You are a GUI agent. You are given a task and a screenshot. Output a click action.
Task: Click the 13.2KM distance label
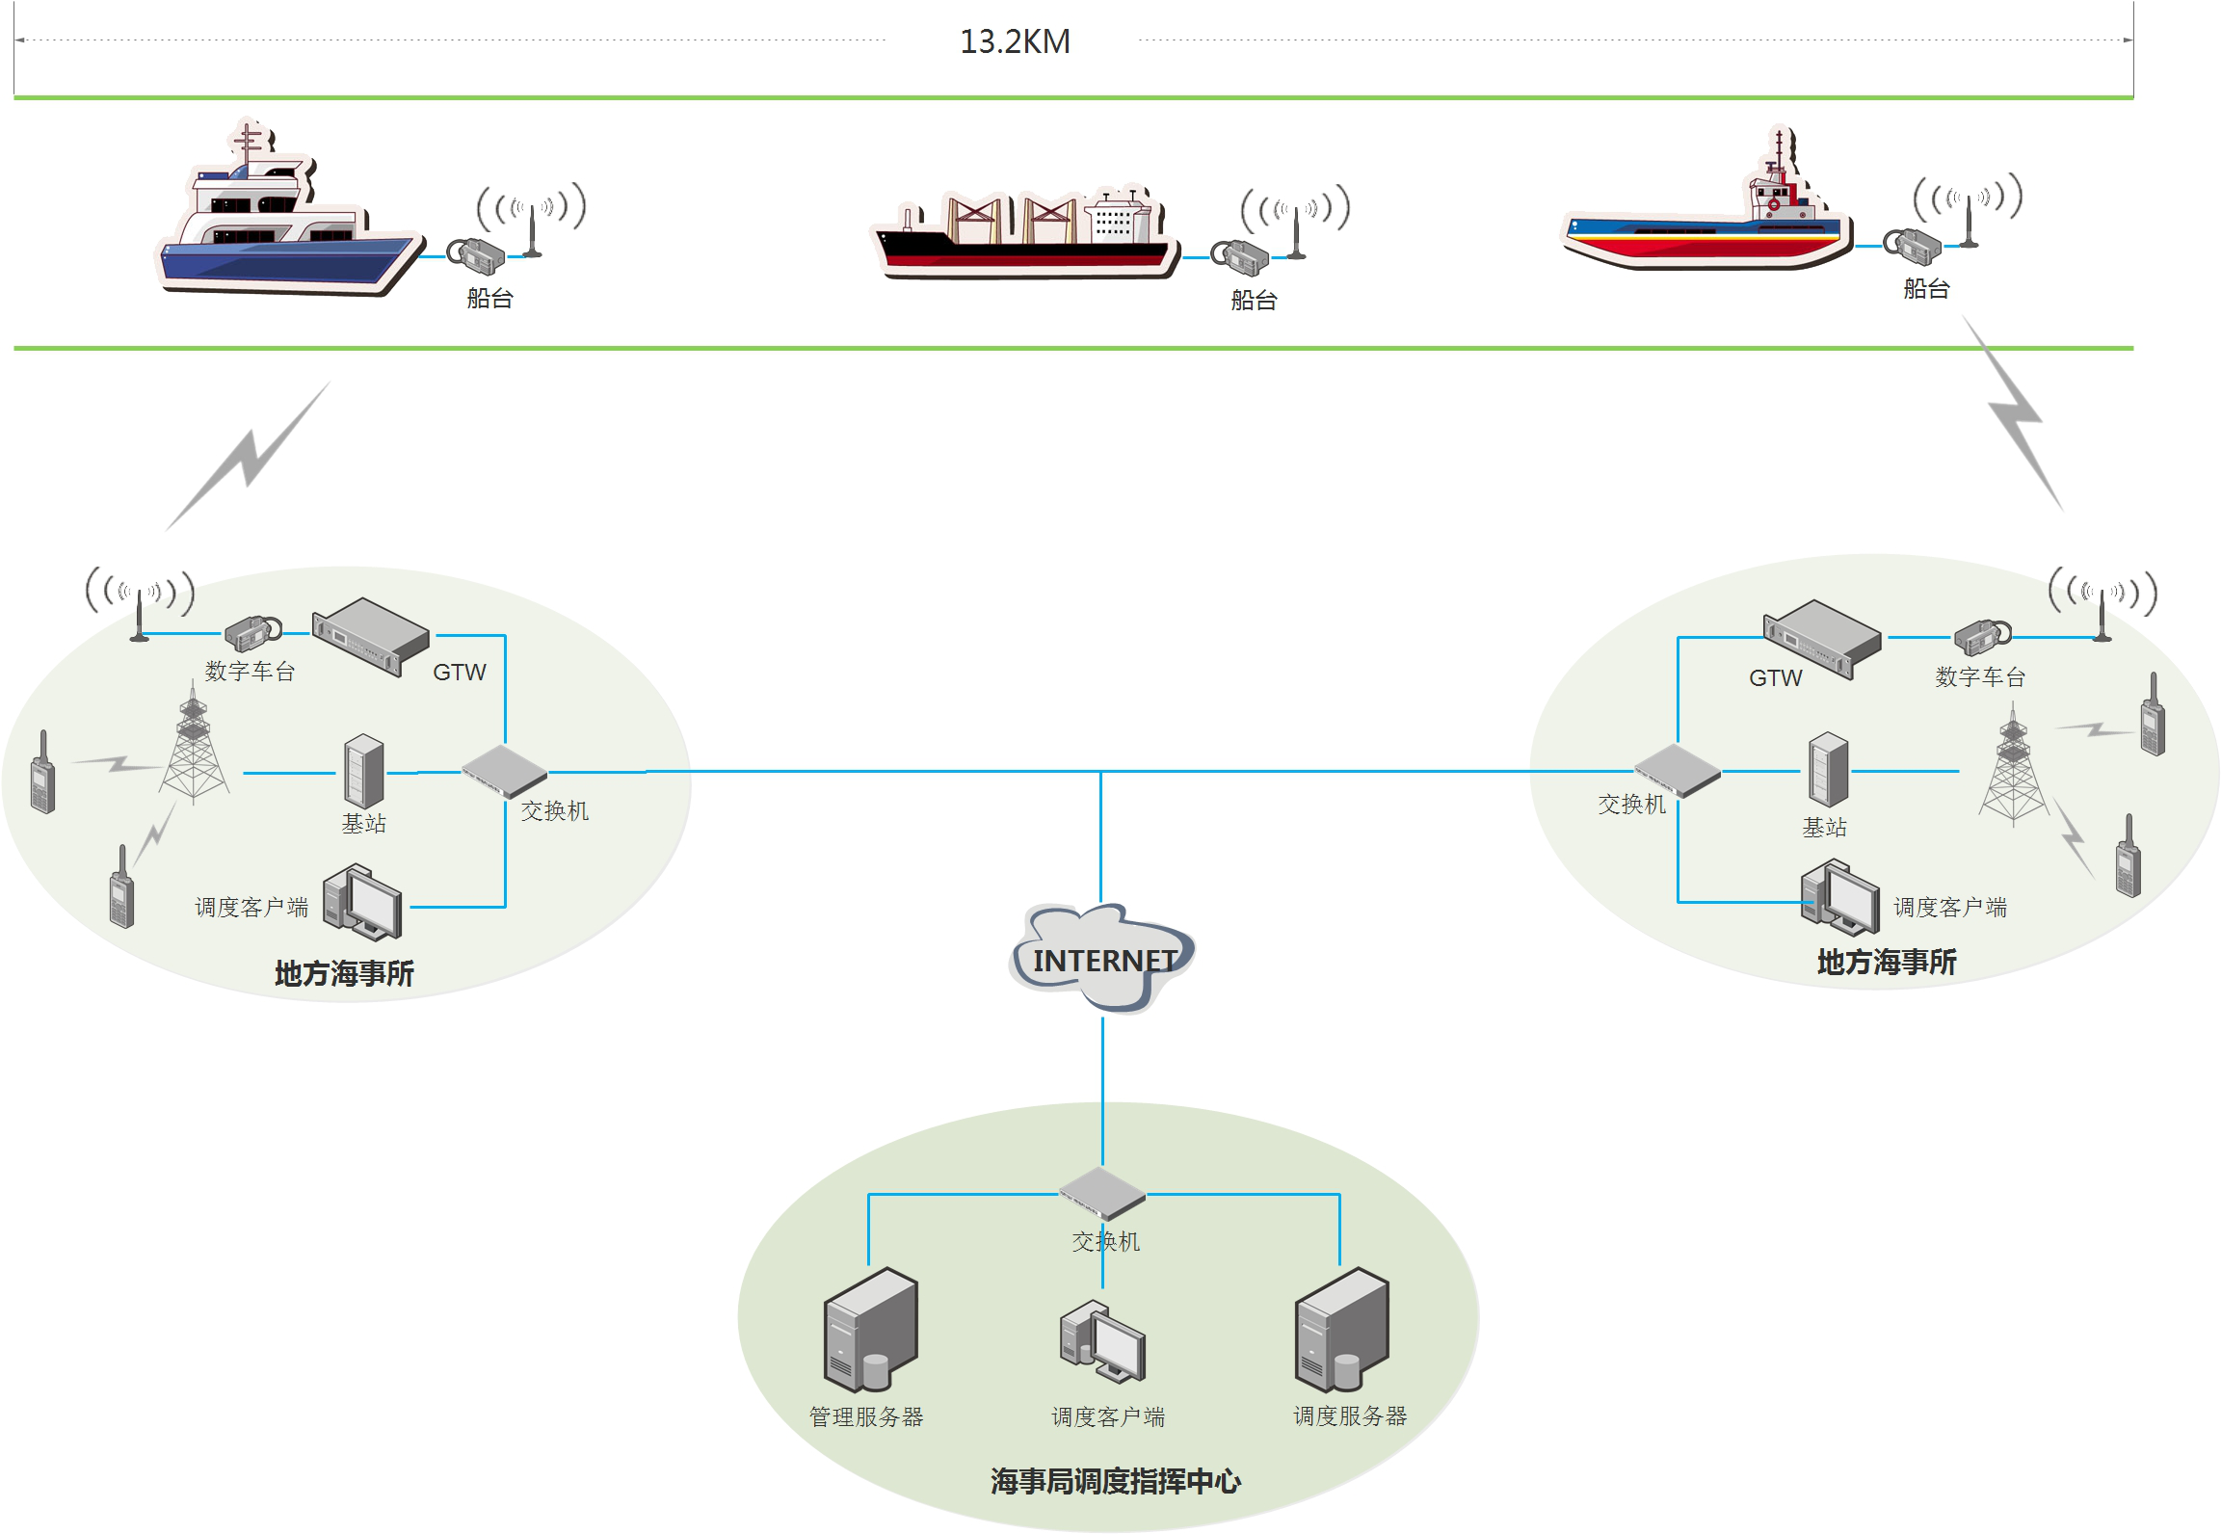[x=1015, y=41]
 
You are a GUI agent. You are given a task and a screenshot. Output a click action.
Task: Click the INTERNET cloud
[x=1104, y=958]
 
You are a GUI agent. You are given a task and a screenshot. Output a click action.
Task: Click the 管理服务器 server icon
[x=870, y=1330]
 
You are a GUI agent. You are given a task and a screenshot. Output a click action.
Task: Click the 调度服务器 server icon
[x=1341, y=1330]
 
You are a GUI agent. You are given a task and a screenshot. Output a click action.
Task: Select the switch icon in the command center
[x=1102, y=1193]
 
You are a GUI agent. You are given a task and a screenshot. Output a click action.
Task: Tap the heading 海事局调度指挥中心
[x=1115, y=1481]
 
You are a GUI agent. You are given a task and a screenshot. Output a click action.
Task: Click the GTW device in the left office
[x=371, y=636]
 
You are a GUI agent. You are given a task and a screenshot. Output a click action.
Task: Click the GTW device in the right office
[x=1821, y=639]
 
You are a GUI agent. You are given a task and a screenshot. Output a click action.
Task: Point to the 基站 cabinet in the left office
[x=364, y=771]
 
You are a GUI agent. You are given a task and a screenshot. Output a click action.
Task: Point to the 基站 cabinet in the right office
[x=1828, y=769]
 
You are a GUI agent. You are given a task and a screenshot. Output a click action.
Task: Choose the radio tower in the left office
[x=194, y=752]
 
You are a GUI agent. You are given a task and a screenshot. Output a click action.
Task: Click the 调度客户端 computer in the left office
[x=362, y=902]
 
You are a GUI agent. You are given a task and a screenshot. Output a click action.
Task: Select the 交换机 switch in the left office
[x=504, y=770]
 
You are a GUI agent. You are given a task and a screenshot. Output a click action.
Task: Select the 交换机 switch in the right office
[x=1678, y=770]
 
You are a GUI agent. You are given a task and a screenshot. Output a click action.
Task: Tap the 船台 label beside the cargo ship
[x=1254, y=301]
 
